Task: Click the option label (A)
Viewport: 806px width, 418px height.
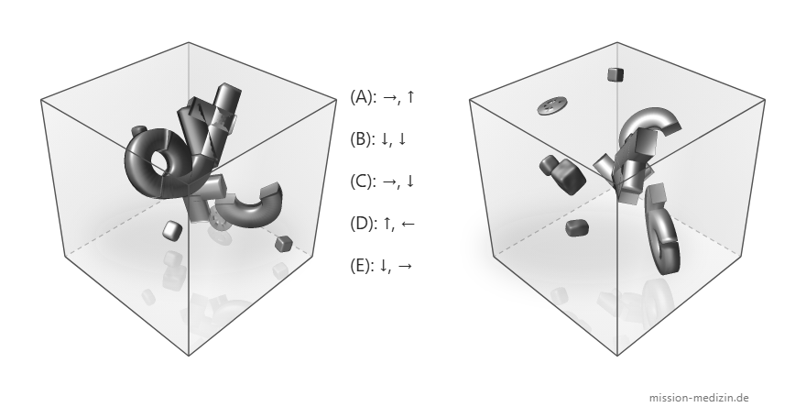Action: coord(363,96)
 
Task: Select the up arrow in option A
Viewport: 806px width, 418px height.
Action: coord(409,96)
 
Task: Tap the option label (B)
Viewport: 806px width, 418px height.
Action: coord(363,138)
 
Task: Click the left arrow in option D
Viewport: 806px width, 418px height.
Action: coord(407,224)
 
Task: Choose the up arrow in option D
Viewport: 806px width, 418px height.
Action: coord(387,223)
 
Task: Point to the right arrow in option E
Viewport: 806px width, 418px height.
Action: coord(405,266)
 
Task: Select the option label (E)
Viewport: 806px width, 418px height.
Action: coord(363,265)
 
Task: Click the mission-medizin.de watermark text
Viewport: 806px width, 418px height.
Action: coord(699,398)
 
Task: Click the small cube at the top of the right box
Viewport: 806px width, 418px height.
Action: coord(615,74)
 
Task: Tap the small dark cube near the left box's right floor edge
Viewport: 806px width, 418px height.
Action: coord(283,243)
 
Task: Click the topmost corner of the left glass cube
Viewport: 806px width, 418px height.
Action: coord(189,43)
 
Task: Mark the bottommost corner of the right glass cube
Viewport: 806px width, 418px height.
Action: coord(617,356)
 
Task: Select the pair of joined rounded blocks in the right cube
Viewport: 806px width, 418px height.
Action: coord(562,174)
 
